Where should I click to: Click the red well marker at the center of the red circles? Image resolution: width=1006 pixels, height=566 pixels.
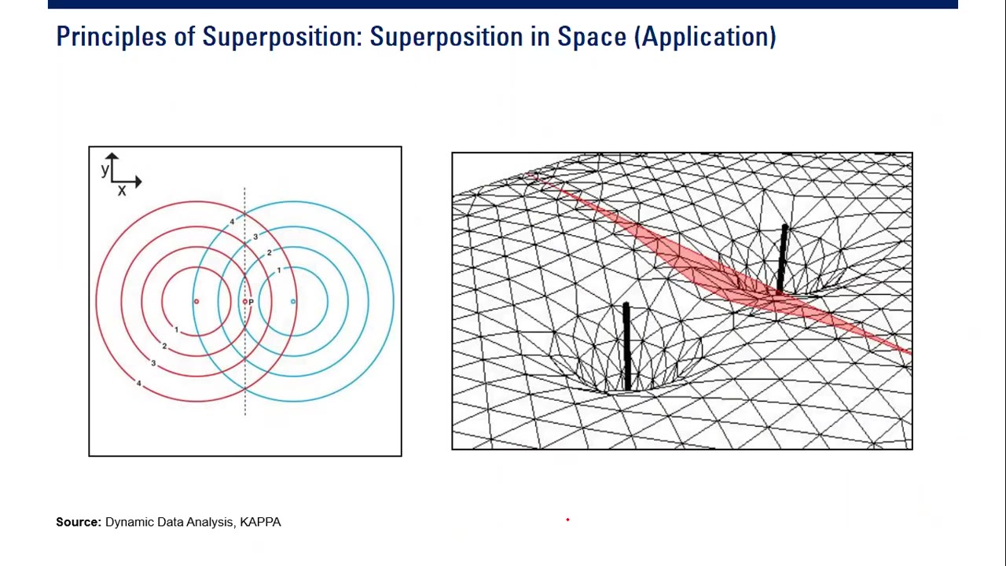click(196, 302)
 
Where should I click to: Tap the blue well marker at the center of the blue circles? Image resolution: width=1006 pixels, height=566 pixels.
click(293, 302)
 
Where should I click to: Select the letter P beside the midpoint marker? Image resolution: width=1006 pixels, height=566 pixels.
click(251, 302)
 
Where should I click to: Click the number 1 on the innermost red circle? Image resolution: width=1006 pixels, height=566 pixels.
click(177, 329)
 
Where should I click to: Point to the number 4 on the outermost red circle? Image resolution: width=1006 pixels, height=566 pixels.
click(139, 383)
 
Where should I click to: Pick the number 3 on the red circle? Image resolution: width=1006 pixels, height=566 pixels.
click(153, 363)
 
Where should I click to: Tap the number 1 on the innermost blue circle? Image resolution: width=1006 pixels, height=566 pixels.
click(278, 270)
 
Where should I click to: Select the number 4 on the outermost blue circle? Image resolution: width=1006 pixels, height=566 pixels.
click(232, 222)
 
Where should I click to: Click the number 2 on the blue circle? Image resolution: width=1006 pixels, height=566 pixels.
click(269, 252)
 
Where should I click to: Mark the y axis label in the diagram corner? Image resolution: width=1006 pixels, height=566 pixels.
click(105, 170)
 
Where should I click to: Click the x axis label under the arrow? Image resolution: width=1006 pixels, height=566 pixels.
click(122, 191)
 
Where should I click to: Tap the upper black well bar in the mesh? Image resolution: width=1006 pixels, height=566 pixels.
click(782, 259)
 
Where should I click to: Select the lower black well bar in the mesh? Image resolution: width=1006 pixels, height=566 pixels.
click(626, 346)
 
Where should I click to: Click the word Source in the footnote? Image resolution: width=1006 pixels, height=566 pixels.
click(78, 522)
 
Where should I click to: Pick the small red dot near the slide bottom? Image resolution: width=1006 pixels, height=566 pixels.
click(567, 520)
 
